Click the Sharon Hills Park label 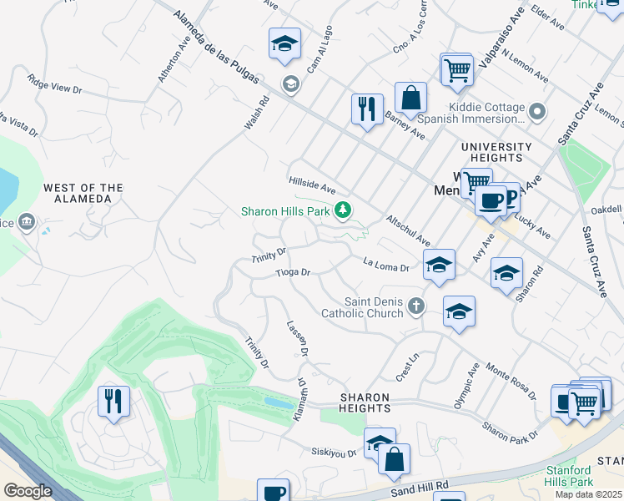285,211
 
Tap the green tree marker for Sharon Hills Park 341,210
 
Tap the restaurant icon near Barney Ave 367,109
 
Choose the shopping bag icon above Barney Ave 410,98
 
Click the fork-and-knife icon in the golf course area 113,401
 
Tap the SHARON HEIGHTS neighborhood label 365,402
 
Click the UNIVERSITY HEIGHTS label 496,153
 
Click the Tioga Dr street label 293,272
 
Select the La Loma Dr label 386,266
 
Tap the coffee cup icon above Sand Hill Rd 272,491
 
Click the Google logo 27,491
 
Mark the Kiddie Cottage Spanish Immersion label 486,113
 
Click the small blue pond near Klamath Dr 278,402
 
